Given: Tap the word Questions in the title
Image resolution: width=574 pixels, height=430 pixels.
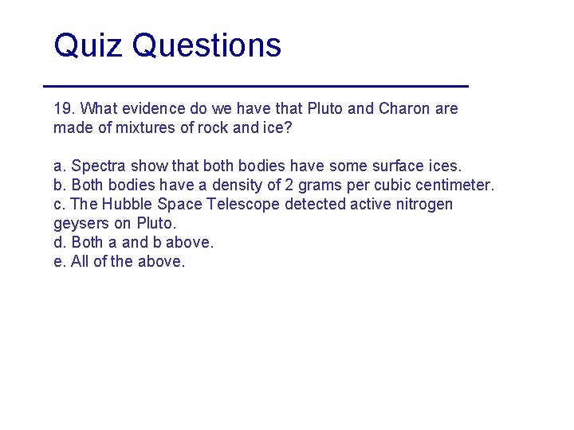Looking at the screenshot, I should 207,46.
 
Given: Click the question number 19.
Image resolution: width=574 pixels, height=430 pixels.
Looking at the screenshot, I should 64,108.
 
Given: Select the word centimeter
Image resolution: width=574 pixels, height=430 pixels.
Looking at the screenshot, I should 454,185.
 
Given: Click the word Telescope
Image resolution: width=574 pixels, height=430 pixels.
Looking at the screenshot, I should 244,204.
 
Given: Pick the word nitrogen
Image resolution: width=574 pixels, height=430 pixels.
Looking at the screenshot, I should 423,204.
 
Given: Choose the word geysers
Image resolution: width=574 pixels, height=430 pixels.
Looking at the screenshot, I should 80,223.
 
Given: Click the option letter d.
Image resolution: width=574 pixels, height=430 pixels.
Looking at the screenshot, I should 58,242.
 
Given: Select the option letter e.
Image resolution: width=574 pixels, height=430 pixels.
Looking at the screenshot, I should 58,261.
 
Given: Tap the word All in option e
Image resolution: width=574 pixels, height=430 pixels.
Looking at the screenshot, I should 81,261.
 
